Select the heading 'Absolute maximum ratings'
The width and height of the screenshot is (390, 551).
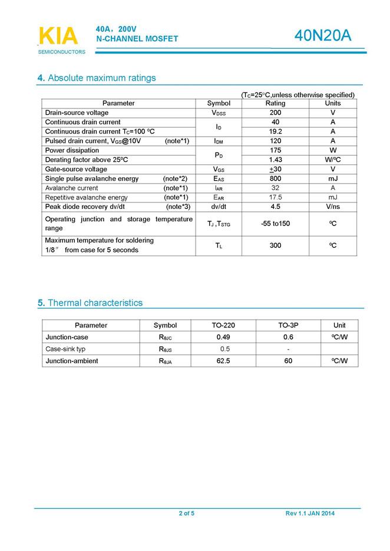101,78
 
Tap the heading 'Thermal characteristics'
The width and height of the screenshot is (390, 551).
94,303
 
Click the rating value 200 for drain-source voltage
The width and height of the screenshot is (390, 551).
275,112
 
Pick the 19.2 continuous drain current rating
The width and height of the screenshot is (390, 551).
275,131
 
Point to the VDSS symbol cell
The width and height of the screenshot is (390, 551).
219,112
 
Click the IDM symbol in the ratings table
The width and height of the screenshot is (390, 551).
219,141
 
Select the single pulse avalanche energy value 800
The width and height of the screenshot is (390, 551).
275,178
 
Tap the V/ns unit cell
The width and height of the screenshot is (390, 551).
333,207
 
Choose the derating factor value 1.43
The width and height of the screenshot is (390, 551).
275,160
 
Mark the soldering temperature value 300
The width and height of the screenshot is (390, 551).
275,245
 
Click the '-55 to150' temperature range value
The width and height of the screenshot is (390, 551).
275,224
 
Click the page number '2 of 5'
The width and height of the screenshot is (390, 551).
187,513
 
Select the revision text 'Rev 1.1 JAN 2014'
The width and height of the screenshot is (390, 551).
310,513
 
